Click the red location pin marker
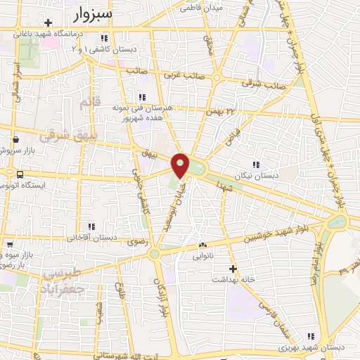[181, 165]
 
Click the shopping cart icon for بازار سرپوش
[14, 138]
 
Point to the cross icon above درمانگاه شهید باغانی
[48, 23]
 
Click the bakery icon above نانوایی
[202, 245]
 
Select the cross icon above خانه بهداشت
[233, 268]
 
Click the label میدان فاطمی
[201, 8]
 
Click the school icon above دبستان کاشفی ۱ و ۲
[104, 38]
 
